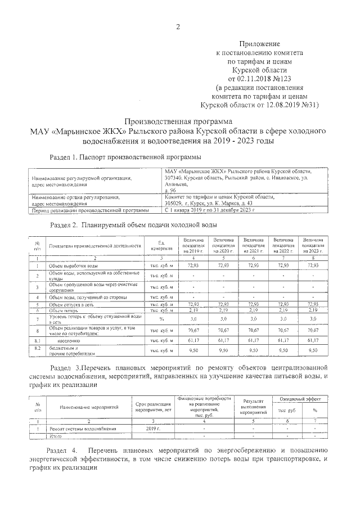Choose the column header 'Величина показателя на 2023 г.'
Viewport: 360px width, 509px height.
pos(313,246)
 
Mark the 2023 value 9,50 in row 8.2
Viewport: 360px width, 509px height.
pos(313,351)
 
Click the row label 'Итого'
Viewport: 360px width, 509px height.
pos(56,435)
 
